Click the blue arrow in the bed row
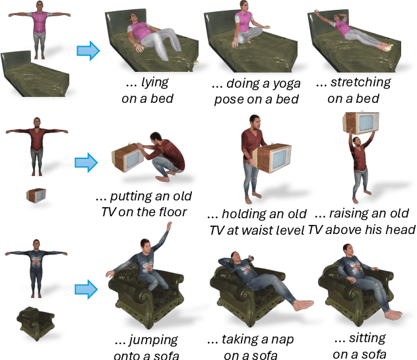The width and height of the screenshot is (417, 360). [x=87, y=49]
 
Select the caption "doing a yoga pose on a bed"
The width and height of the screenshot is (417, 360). [x=255, y=91]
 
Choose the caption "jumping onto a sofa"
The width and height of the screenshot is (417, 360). [x=146, y=347]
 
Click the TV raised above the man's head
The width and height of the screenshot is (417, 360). [x=360, y=125]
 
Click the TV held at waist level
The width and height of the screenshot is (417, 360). [x=273, y=160]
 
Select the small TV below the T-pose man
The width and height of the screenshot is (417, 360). [x=36, y=195]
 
